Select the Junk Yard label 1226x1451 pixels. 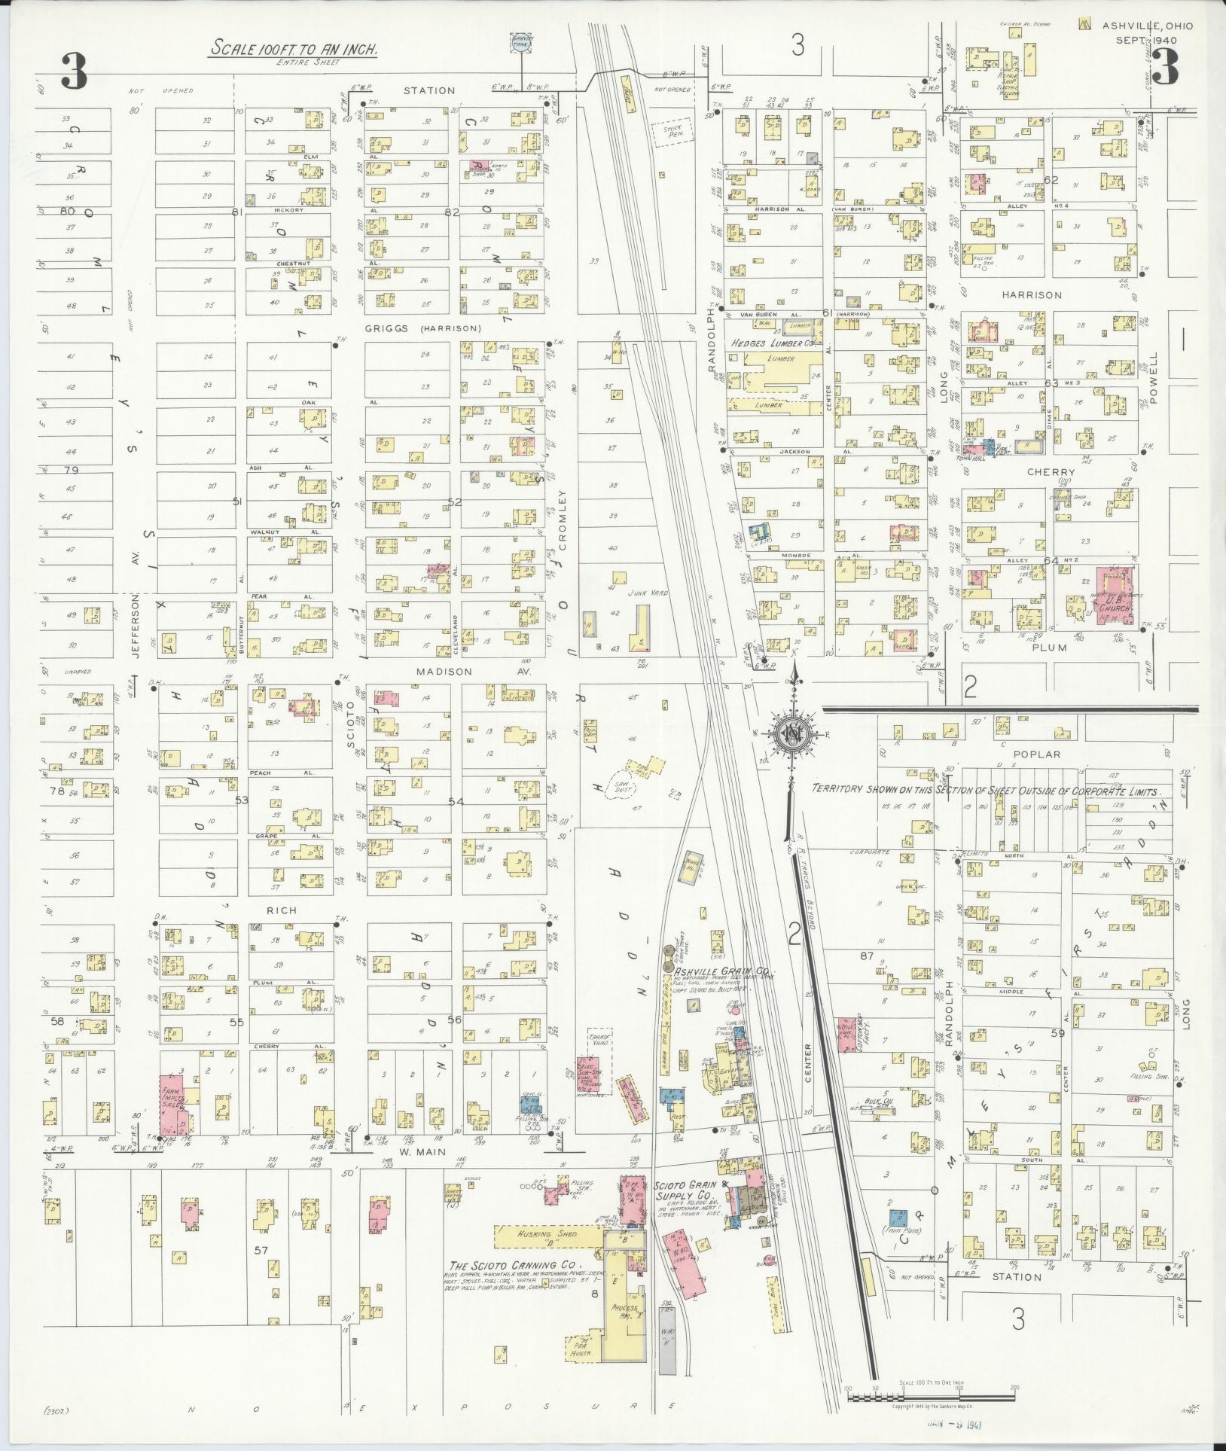[652, 593]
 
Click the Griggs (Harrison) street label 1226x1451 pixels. [422, 328]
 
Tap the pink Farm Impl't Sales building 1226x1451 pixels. [173, 1103]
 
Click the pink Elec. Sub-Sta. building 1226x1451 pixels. [588, 1073]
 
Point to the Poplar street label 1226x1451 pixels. [1036, 754]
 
